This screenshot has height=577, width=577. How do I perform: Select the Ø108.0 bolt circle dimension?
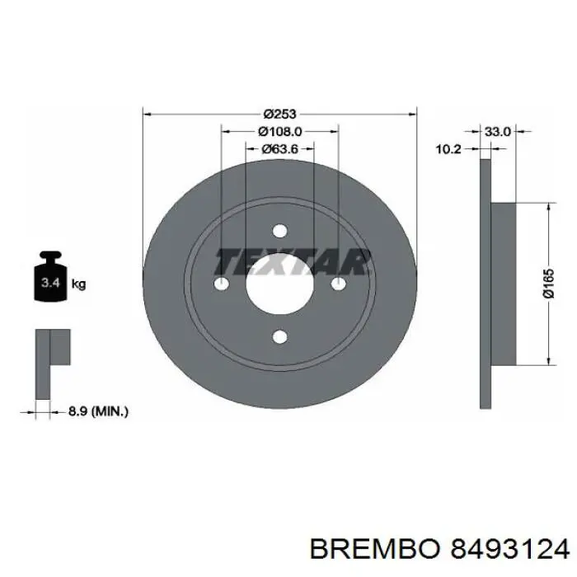(x=279, y=131)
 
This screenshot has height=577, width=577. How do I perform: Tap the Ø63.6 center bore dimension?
(x=279, y=149)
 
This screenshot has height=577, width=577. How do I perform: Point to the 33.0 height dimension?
(x=498, y=130)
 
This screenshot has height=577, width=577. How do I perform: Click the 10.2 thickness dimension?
(x=448, y=149)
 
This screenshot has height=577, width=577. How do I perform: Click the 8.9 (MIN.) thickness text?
(x=98, y=409)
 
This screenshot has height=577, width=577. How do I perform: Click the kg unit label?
(x=80, y=284)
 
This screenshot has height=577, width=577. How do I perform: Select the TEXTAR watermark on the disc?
(x=293, y=262)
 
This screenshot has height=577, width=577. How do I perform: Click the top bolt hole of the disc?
(x=279, y=231)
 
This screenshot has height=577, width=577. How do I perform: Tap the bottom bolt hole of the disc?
(x=279, y=336)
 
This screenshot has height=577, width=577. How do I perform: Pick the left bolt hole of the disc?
(x=221, y=284)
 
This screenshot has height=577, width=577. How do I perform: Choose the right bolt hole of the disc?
(x=338, y=284)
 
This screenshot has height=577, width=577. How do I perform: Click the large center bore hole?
(x=279, y=284)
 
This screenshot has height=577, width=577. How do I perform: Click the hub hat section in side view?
(x=504, y=284)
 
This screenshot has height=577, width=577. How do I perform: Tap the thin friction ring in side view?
(x=486, y=284)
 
